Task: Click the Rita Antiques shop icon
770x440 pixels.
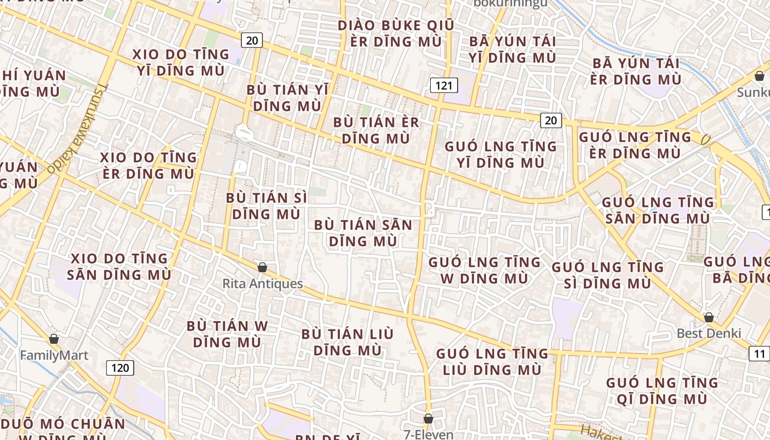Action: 262,267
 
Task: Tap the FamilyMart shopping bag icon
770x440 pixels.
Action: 54,339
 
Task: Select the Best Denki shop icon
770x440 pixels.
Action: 709,317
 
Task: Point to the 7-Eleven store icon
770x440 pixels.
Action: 428,419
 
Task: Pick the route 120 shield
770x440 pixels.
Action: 120,367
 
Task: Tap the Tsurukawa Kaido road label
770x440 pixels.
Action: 78,130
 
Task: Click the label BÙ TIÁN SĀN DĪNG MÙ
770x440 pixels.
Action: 363,233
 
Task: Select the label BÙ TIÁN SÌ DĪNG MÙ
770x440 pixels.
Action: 267,206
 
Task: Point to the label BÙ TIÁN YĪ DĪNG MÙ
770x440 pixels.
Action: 288,97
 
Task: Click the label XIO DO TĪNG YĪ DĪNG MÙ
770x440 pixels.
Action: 181,62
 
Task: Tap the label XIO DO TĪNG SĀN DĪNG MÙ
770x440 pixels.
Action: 120,266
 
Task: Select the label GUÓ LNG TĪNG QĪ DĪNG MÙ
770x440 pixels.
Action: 662,391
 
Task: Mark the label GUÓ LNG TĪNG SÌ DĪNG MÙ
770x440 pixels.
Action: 608,275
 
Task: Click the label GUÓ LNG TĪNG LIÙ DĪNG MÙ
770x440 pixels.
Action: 492,361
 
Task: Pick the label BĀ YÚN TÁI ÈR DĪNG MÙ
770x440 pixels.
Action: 636,71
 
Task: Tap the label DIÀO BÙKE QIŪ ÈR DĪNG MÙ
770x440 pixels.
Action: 396,34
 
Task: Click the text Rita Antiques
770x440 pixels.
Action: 262,284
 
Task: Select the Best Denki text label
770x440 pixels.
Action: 709,333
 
